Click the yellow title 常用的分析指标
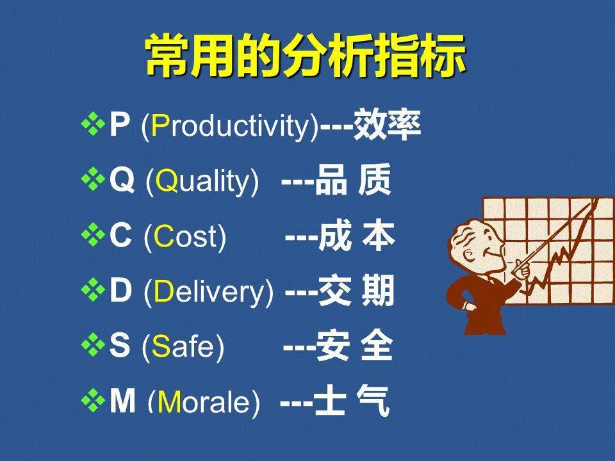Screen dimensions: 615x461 point(306,56)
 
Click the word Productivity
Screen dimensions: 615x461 point(229,126)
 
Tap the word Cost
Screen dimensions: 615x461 point(185,236)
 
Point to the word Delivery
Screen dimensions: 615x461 point(208,293)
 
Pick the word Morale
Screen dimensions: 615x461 point(204,401)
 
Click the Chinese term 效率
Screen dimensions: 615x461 point(387,125)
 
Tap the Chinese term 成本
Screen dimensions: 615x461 point(357,236)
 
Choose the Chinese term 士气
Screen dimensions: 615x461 point(352,400)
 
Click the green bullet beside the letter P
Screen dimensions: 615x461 point(93,124)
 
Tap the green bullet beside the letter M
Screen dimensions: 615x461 point(93,401)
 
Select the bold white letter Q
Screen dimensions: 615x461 point(122,181)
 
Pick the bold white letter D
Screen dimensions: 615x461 point(120,291)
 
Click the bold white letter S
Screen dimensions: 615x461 point(120,345)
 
